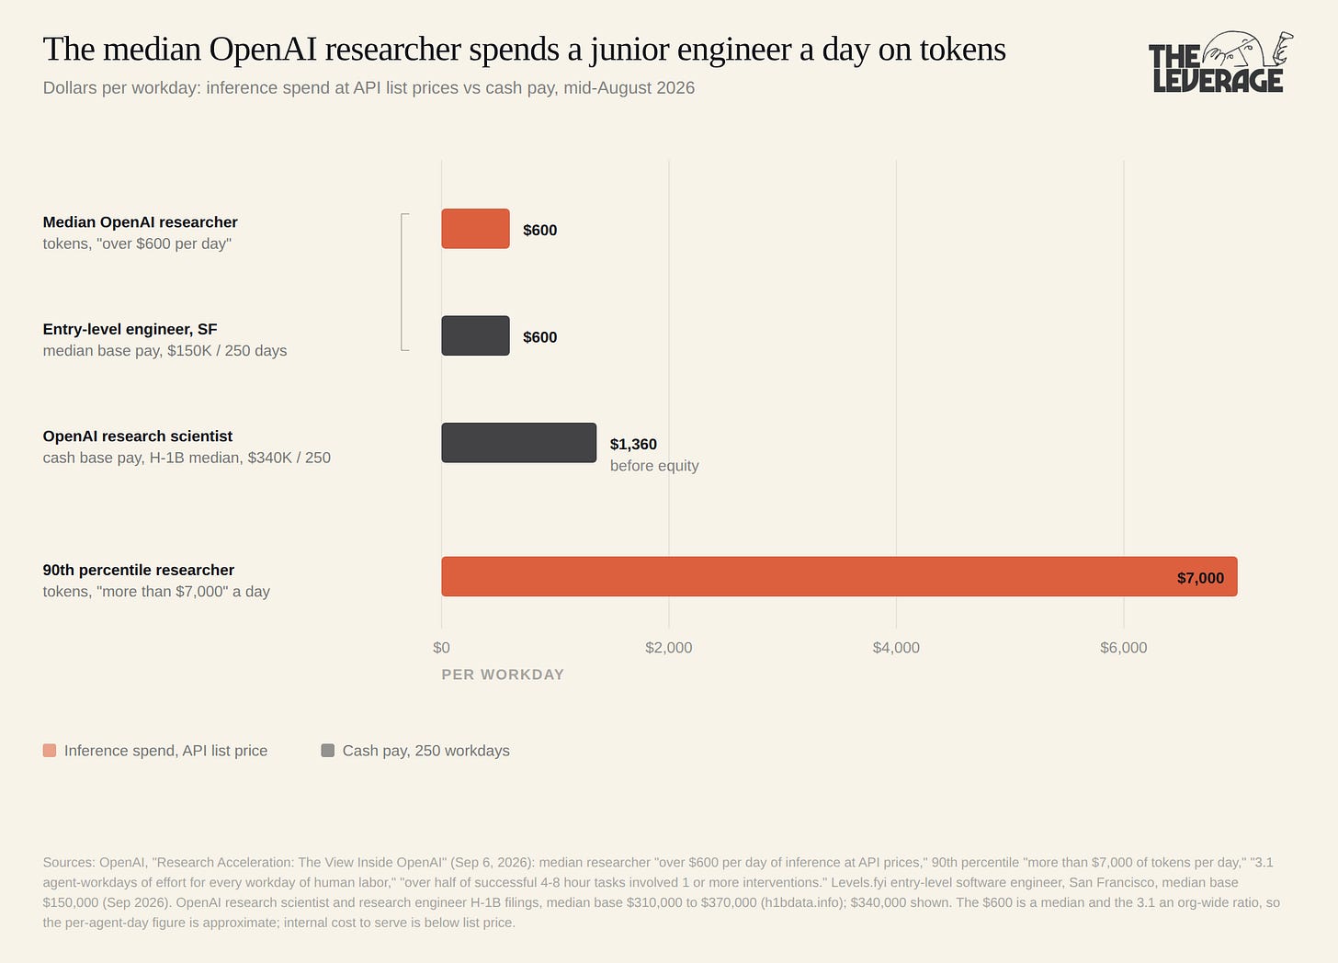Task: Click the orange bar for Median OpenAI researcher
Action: coord(475,229)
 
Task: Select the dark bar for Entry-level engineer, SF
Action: coord(475,335)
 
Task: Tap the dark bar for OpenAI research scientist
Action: coord(518,443)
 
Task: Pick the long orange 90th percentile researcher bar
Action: coord(839,576)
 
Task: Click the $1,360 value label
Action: coord(633,445)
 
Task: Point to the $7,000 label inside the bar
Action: coord(1200,578)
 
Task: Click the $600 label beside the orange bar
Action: coord(540,230)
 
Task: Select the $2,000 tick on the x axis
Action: coord(668,648)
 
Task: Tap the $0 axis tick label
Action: coord(441,648)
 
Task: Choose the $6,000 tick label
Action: coord(1124,648)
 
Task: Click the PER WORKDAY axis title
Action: coord(503,674)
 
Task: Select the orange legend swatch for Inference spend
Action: coord(50,751)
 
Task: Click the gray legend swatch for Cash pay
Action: coord(327,751)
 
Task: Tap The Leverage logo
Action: coord(1220,62)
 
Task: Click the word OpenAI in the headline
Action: coord(263,49)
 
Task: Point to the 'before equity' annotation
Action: coord(654,466)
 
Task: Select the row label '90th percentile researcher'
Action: coord(139,570)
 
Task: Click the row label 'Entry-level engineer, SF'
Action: coord(130,329)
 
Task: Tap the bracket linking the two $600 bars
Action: coord(402,281)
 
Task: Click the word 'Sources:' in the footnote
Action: coord(69,863)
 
